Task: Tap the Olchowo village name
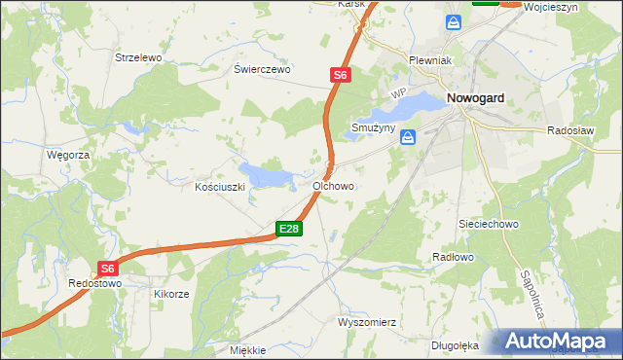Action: click(x=333, y=185)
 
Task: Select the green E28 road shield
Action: click(x=289, y=229)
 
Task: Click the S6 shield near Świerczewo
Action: click(x=339, y=74)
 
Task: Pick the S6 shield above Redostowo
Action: click(x=108, y=269)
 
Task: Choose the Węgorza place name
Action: click(x=68, y=155)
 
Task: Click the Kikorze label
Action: click(x=172, y=292)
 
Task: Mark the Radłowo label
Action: click(x=452, y=257)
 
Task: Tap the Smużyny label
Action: click(x=373, y=127)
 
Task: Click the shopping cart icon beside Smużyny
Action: click(x=408, y=138)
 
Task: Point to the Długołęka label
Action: click(x=456, y=344)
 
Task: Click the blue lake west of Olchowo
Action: click(x=266, y=176)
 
